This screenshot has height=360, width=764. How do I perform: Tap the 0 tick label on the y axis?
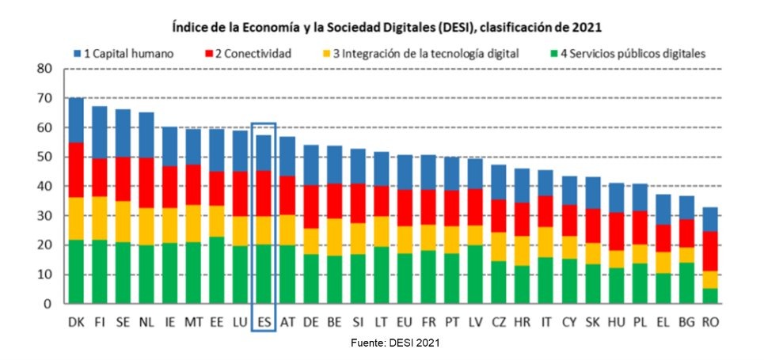tap(48, 304)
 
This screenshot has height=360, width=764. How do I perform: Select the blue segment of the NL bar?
tap(146, 135)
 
